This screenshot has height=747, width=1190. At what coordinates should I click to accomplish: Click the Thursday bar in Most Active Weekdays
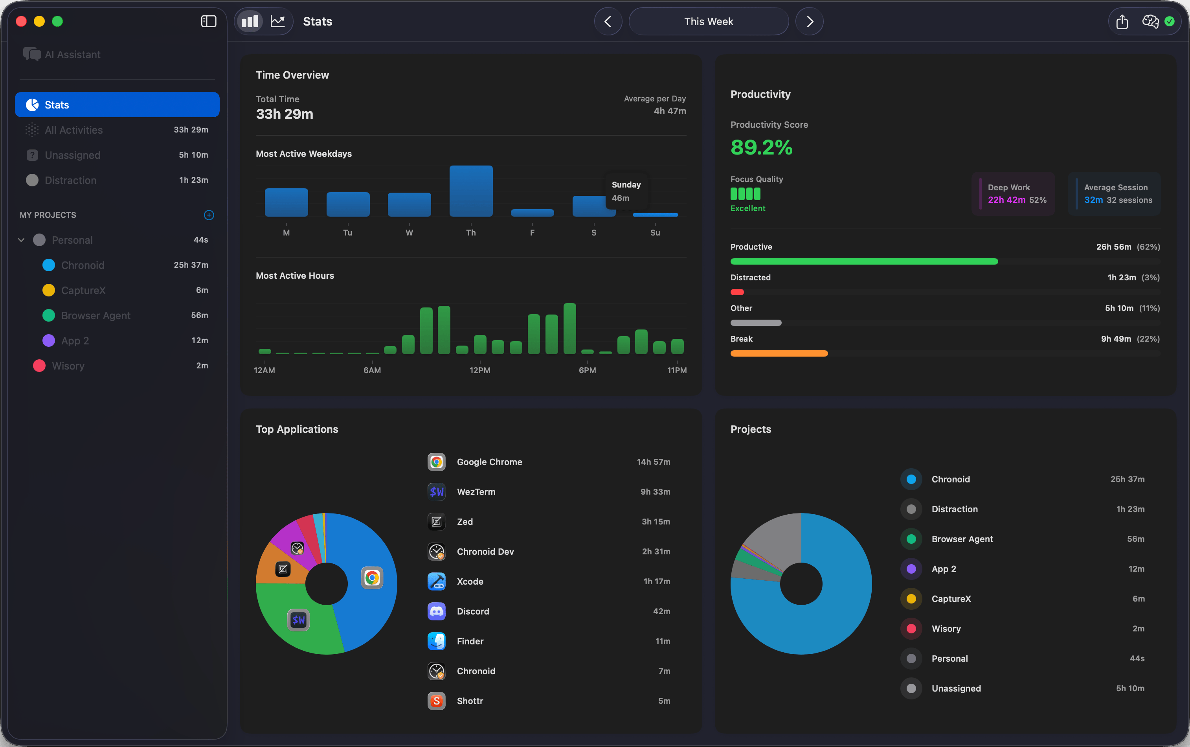click(470, 191)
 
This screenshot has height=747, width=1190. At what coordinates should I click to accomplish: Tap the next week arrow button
click(809, 22)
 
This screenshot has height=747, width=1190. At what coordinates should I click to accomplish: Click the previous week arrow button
click(608, 22)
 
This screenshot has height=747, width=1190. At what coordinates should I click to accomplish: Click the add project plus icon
click(209, 215)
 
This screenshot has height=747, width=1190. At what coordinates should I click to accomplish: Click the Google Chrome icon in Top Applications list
click(436, 462)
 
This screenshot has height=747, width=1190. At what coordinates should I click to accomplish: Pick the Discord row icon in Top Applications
click(436, 611)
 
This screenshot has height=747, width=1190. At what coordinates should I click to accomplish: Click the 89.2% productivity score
click(761, 147)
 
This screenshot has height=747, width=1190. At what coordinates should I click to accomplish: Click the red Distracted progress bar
click(737, 293)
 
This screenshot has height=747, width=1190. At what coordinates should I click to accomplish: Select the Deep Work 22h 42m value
click(1006, 200)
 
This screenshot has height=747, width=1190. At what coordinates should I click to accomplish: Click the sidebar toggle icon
click(209, 21)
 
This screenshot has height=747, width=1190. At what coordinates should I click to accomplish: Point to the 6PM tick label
click(587, 370)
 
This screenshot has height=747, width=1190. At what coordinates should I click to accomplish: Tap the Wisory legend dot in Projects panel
click(911, 628)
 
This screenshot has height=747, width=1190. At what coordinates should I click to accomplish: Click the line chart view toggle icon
click(277, 21)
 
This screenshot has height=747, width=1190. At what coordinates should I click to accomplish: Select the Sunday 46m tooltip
click(626, 191)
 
